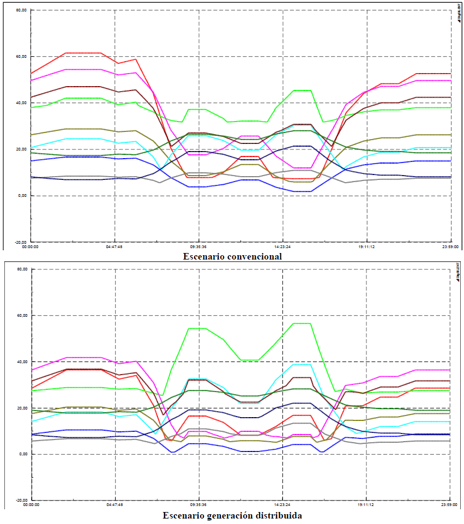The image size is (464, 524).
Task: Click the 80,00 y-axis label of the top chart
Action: (21, 10)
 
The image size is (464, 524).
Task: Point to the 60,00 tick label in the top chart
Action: (21, 56)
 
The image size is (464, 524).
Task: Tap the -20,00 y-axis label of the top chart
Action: (21, 242)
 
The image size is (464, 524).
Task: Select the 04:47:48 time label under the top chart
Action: (115, 246)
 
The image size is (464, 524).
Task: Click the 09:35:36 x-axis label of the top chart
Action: (198, 246)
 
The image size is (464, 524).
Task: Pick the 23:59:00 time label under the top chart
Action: (449, 246)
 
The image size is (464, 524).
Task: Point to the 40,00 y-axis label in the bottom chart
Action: (21, 362)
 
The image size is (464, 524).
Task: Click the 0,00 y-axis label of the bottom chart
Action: (23, 454)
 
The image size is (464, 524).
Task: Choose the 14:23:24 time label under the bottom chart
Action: (282, 505)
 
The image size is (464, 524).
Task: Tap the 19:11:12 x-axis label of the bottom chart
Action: (366, 505)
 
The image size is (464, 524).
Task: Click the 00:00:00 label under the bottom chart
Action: (32, 505)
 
